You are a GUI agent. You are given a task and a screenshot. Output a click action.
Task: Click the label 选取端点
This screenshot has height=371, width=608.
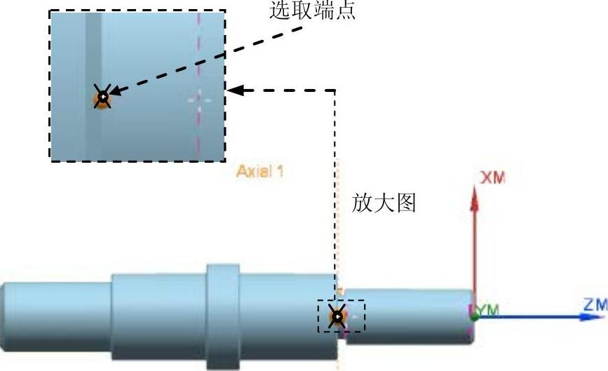pyautogui.click(x=313, y=11)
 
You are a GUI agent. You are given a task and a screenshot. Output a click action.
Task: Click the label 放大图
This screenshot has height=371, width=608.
pyautogui.click(x=386, y=203)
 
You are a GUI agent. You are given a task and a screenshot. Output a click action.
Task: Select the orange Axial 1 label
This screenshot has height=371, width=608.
pyautogui.click(x=260, y=171)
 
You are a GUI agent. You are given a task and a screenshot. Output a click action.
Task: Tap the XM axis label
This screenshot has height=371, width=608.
pyautogui.click(x=492, y=178)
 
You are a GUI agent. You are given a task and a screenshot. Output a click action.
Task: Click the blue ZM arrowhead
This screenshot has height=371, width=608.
pyautogui.click(x=589, y=316)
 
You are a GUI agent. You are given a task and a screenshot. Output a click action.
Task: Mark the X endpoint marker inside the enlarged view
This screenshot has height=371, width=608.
pyautogui.click(x=103, y=97)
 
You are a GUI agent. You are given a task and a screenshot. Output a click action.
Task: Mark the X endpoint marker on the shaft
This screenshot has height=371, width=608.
pyautogui.click(x=337, y=317)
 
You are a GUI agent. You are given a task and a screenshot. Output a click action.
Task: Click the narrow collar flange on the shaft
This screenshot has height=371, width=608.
pyautogui.click(x=223, y=316)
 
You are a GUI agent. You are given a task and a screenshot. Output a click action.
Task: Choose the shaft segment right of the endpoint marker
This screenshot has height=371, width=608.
pyautogui.click(x=407, y=316)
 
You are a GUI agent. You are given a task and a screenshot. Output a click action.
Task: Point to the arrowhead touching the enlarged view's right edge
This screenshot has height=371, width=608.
pyautogui.click(x=236, y=90)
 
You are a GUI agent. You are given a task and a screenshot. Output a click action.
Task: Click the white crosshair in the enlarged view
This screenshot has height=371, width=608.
pyautogui.click(x=199, y=99)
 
